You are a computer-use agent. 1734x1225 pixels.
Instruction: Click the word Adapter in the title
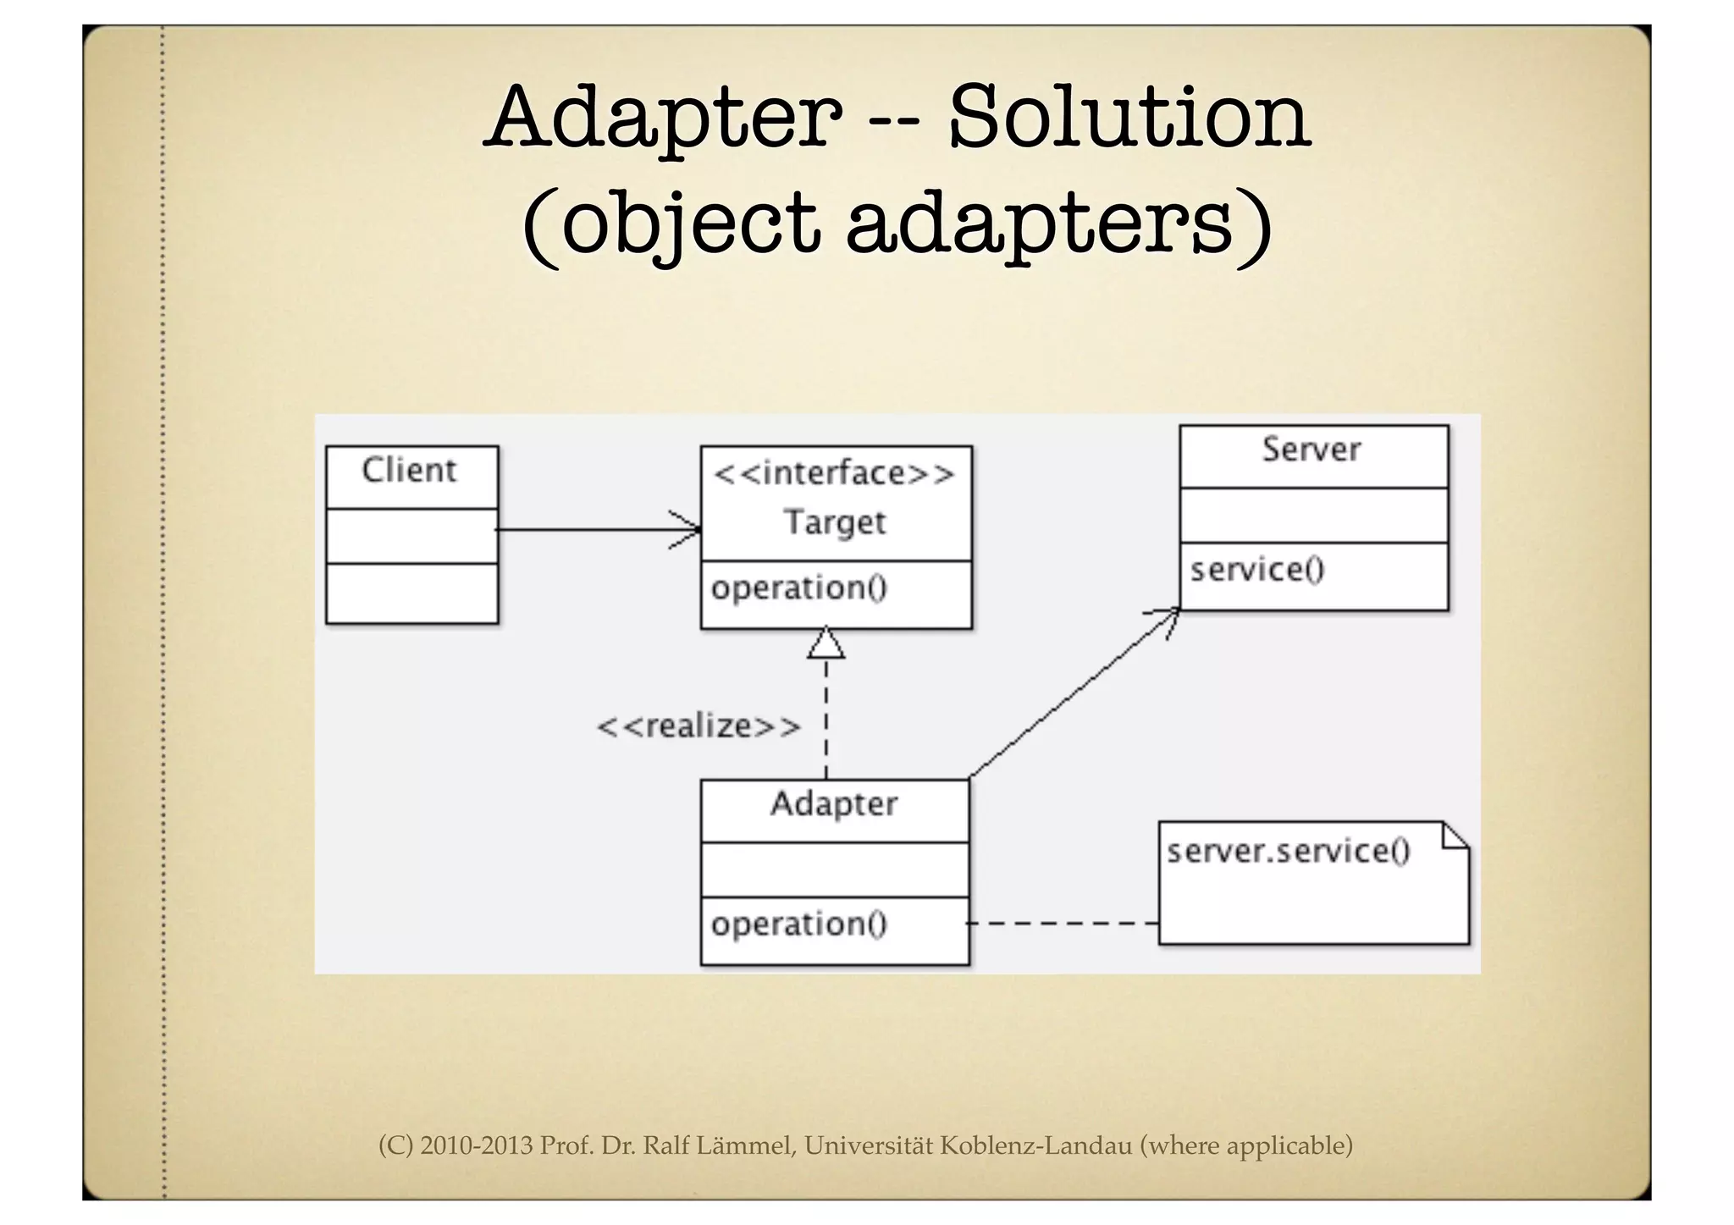pyautogui.click(x=665, y=119)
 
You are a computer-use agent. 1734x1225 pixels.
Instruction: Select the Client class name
pyautogui.click(x=409, y=470)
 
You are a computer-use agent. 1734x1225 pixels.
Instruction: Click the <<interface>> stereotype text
pyautogui.click(x=834, y=473)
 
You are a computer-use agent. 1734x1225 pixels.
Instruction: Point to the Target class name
pyautogui.click(x=835, y=522)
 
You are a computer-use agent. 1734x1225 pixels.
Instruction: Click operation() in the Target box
pyautogui.click(x=798, y=588)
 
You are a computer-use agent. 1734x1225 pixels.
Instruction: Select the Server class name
pyautogui.click(x=1312, y=450)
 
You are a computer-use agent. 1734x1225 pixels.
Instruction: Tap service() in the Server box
pyautogui.click(x=1257, y=570)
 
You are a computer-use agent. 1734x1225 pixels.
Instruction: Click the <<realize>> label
pyautogui.click(x=699, y=726)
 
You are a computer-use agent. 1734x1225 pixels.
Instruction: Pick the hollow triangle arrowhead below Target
pyautogui.click(x=826, y=644)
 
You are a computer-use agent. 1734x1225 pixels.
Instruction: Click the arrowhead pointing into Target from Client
pyautogui.click(x=688, y=530)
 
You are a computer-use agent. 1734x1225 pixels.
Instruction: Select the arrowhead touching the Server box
pyautogui.click(x=1167, y=618)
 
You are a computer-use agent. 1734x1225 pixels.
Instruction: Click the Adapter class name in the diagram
pyautogui.click(x=834, y=803)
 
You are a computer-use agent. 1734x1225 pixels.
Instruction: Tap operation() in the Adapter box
pyautogui.click(x=798, y=924)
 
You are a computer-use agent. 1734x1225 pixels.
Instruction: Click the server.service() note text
pyautogui.click(x=1288, y=851)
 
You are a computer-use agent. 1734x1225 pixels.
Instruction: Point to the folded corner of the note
pyautogui.click(x=1455, y=836)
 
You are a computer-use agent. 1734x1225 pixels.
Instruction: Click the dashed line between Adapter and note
pyautogui.click(x=1063, y=923)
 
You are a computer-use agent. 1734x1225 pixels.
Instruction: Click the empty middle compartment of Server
pyautogui.click(x=1313, y=516)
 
